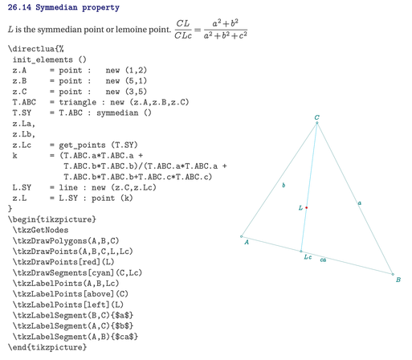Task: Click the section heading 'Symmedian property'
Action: (77, 7)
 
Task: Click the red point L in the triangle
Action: (306, 207)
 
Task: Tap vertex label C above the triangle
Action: (316, 117)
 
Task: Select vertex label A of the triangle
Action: (247, 242)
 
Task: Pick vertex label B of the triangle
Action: (398, 280)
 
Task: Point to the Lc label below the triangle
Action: (308, 257)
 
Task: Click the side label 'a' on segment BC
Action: (360, 203)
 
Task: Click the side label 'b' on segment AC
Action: (284, 185)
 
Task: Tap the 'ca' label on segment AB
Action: (323, 260)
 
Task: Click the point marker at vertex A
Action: (241, 236)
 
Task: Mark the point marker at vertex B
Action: (393, 274)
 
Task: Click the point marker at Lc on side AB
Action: (301, 252)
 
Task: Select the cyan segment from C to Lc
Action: (309, 187)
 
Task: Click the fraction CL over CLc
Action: (183, 30)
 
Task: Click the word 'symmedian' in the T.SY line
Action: (117, 112)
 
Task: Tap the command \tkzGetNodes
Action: (40, 230)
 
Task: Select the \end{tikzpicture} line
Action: (47, 347)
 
